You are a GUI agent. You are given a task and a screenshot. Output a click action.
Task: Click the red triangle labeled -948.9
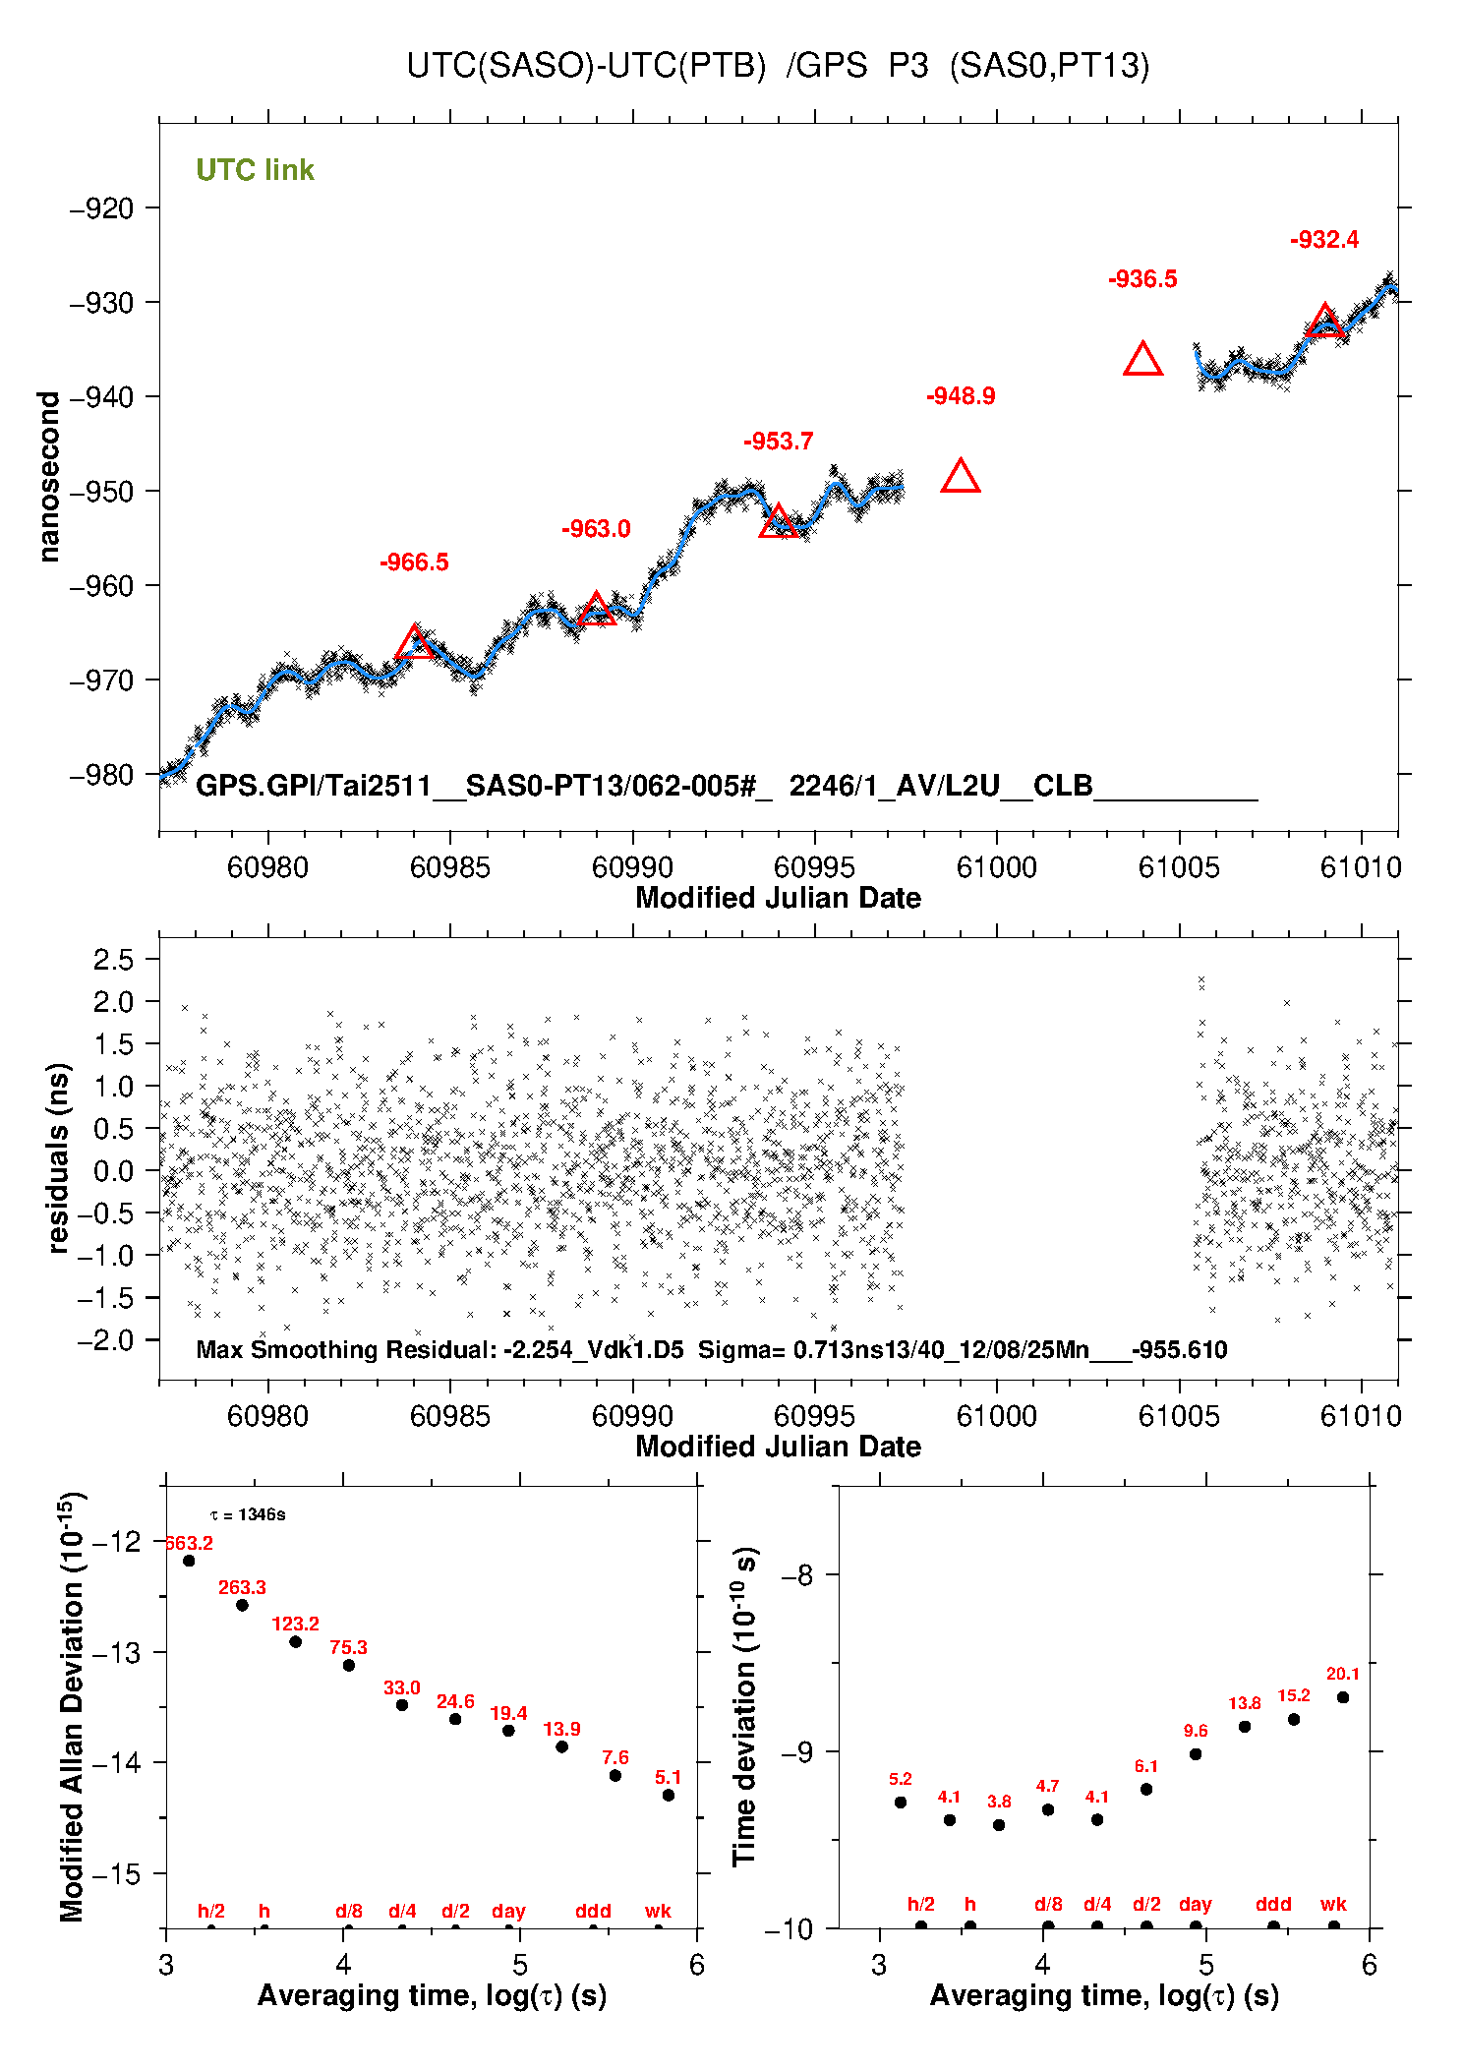pyautogui.click(x=961, y=477)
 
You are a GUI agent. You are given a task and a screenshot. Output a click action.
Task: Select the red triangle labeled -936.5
pyautogui.click(x=1142, y=360)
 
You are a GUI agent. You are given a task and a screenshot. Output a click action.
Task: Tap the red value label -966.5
pyautogui.click(x=414, y=562)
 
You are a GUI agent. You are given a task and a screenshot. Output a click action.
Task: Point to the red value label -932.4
pyautogui.click(x=1324, y=240)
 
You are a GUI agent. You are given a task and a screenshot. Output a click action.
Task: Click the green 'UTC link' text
pyautogui.click(x=255, y=170)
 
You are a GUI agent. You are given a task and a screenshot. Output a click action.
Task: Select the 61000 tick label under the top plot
pyautogui.click(x=996, y=867)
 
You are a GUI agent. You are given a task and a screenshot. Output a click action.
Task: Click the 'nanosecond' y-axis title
pyautogui.click(x=49, y=476)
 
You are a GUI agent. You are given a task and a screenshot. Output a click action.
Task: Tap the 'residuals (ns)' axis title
pyautogui.click(x=59, y=1157)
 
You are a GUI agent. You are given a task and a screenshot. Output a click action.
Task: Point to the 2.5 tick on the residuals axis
pyautogui.click(x=113, y=960)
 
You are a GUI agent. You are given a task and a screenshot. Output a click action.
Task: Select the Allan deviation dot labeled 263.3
pyautogui.click(x=242, y=1605)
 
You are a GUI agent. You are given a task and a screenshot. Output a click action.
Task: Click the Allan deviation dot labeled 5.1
pyautogui.click(x=669, y=1795)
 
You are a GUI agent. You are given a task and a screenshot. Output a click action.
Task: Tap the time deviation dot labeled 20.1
pyautogui.click(x=1343, y=1697)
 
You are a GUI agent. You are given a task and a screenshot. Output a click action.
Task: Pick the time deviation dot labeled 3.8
pyautogui.click(x=999, y=1825)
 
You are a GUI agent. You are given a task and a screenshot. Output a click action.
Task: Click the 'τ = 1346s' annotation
pyautogui.click(x=248, y=1514)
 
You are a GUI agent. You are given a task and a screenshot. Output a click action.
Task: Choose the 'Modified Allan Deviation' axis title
pyautogui.click(x=72, y=1706)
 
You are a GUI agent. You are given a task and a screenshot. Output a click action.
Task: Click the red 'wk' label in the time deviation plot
pyautogui.click(x=1333, y=1904)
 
